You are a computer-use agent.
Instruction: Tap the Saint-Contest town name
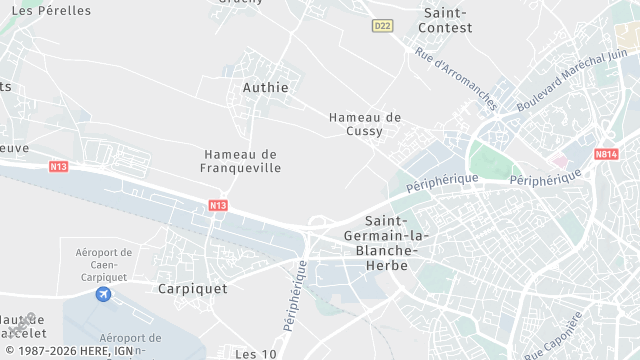tap(447, 20)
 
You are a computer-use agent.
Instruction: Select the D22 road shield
tap(381, 25)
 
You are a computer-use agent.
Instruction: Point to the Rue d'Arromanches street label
tap(455, 79)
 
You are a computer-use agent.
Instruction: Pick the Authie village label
tap(265, 88)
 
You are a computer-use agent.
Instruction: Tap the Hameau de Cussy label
tap(365, 124)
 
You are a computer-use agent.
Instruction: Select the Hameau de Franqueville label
tap(242, 161)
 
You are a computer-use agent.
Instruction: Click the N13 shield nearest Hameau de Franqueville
tap(219, 205)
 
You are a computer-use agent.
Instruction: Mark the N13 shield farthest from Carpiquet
tap(58, 166)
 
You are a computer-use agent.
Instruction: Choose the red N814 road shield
tap(606, 155)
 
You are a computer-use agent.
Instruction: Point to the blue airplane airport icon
tap(103, 294)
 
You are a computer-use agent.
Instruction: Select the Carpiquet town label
tap(192, 288)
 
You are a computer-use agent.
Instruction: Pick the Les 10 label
tap(255, 354)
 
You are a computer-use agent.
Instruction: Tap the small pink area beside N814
tap(560, 160)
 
